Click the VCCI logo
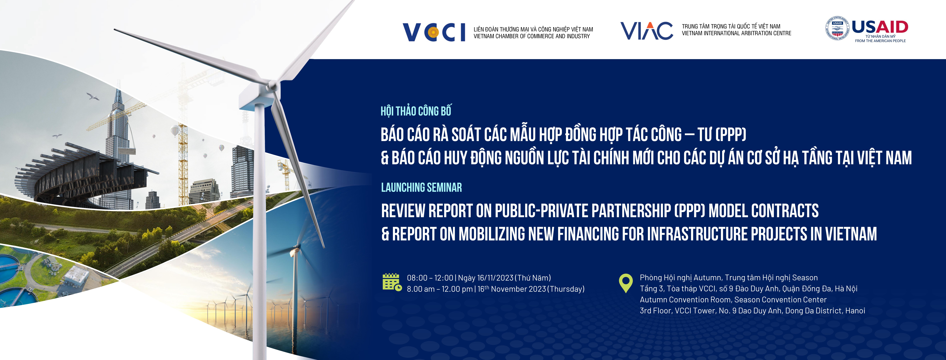tap(434, 32)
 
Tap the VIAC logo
tap(647, 30)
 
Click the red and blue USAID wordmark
tap(880, 27)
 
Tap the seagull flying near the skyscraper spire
tap(93, 97)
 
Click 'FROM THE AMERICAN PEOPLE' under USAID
tap(880, 41)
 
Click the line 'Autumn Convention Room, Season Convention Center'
tap(733, 300)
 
